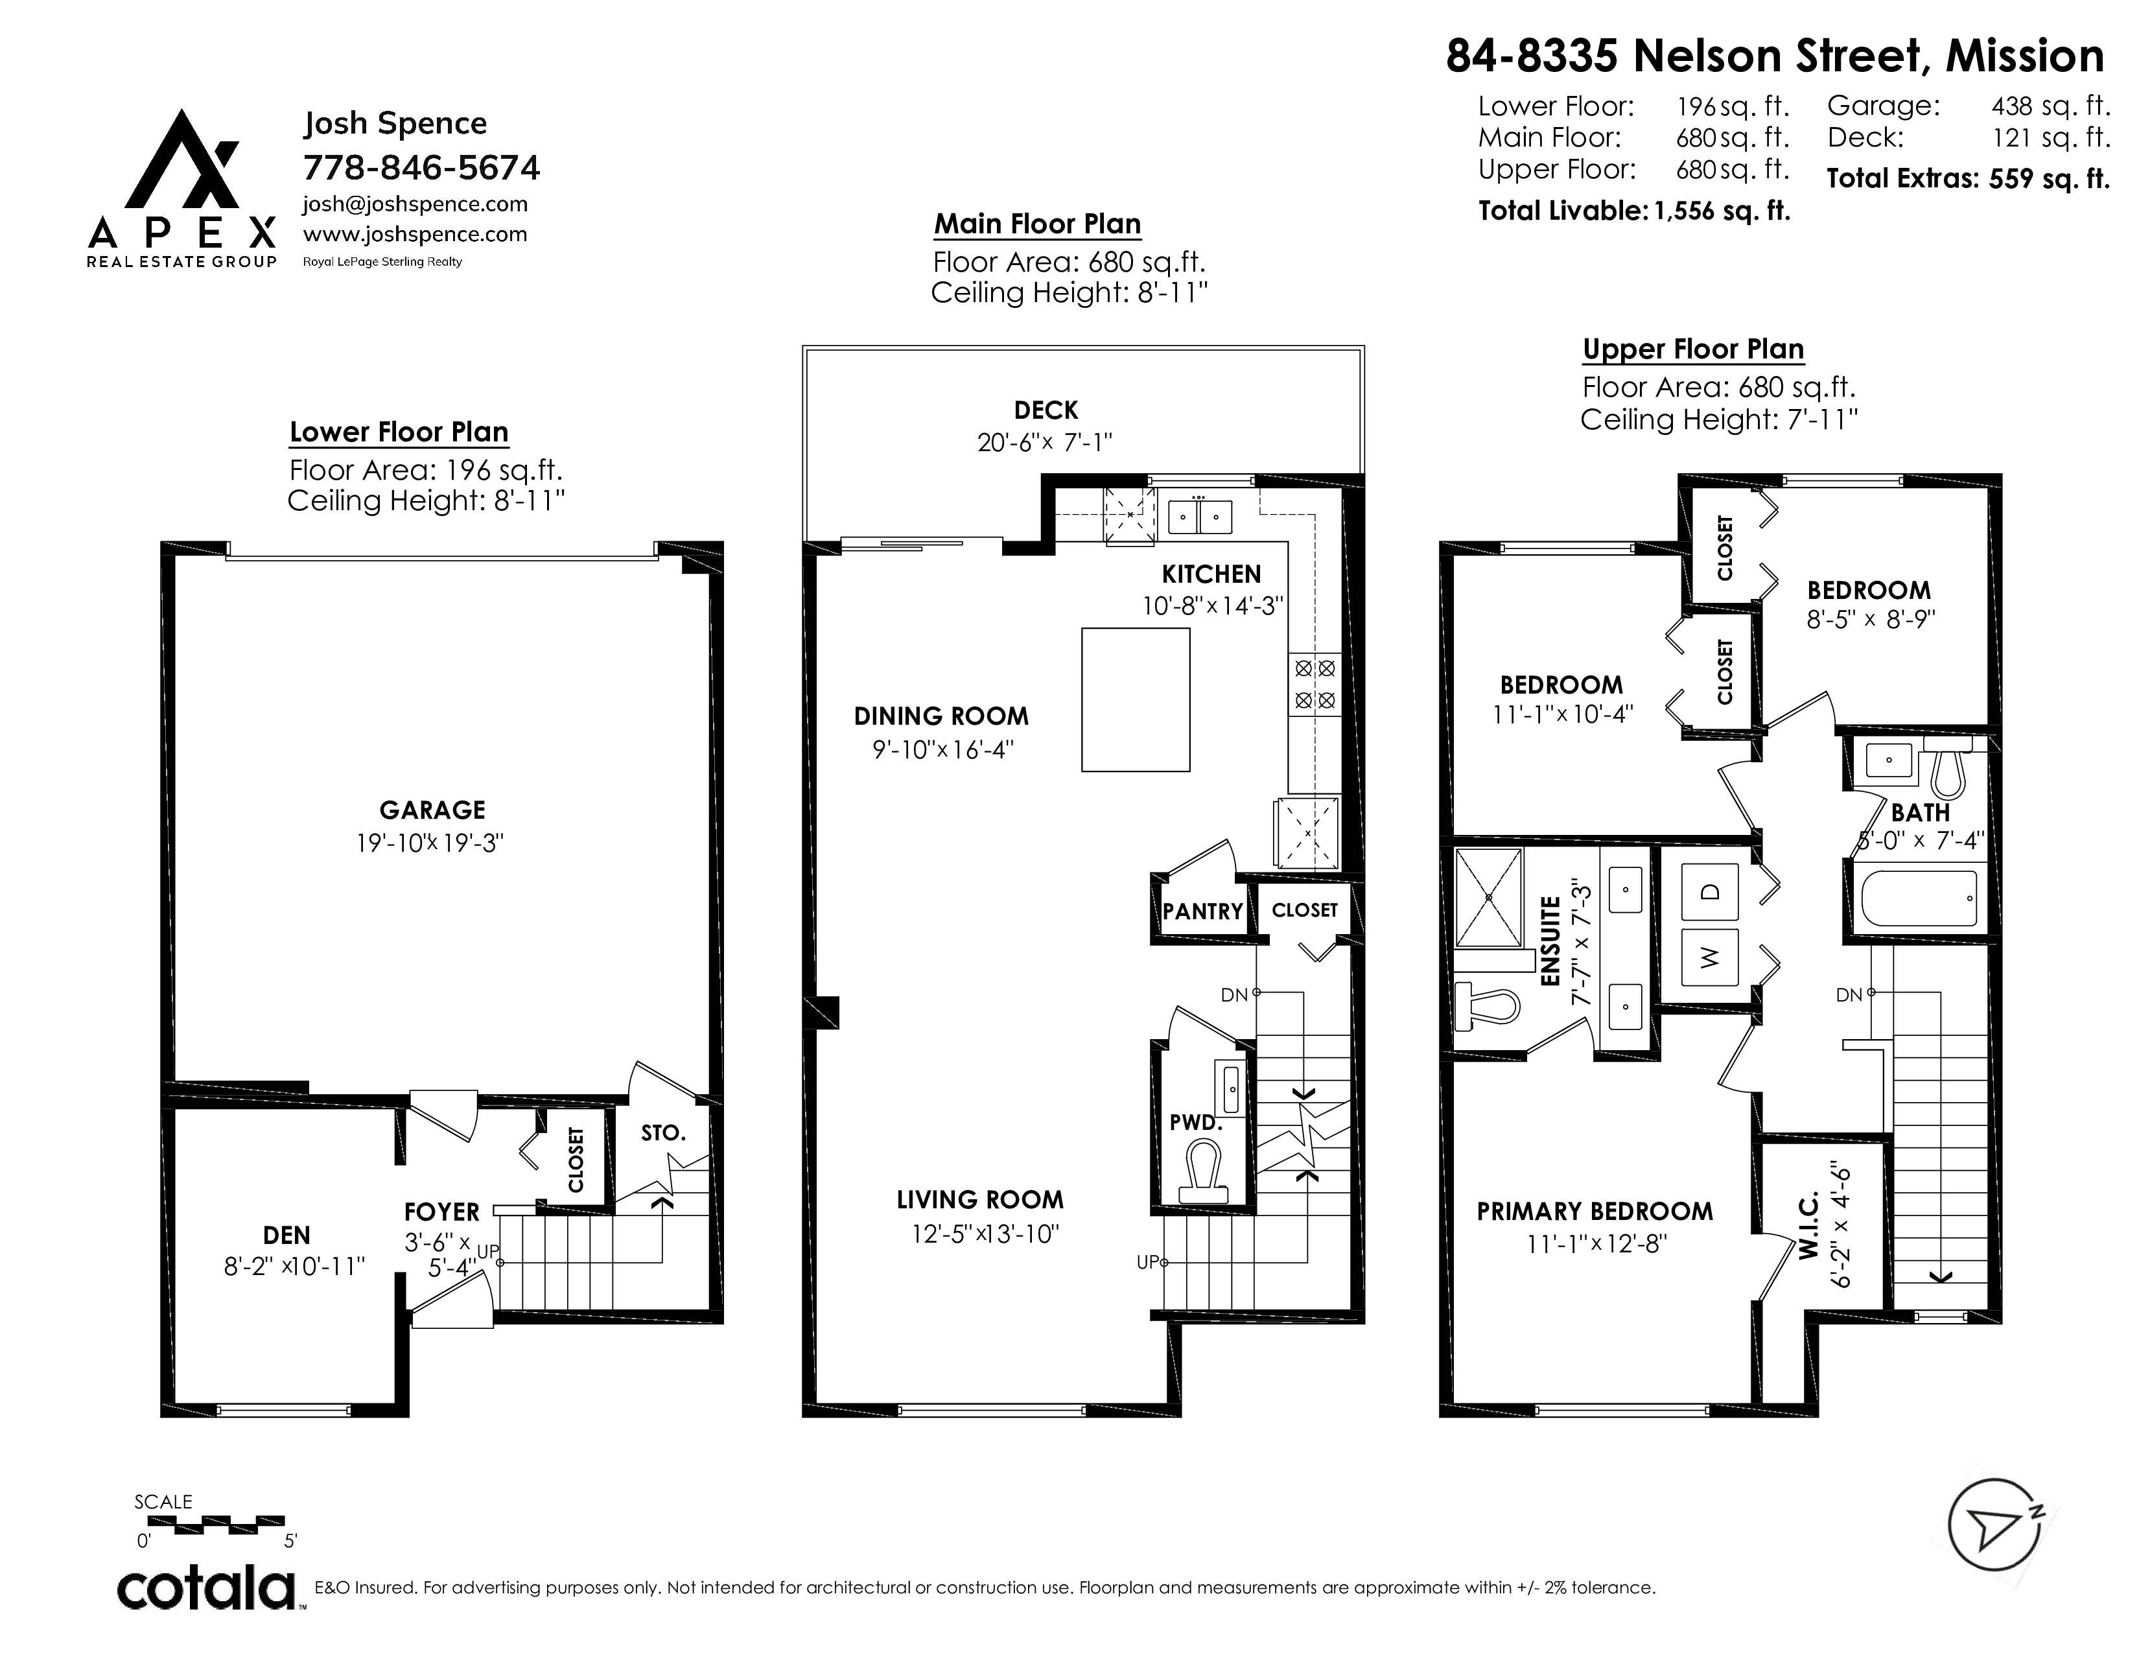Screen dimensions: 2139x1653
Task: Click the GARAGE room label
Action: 432,810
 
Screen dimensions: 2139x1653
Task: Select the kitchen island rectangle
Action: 1135,699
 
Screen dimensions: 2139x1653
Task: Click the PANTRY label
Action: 1202,911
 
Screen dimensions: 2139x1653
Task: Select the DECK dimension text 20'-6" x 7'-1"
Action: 1045,443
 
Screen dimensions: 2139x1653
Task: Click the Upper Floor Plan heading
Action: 1693,349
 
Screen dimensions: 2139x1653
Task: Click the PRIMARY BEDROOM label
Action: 1595,1212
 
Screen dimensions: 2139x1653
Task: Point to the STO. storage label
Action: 663,1133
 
